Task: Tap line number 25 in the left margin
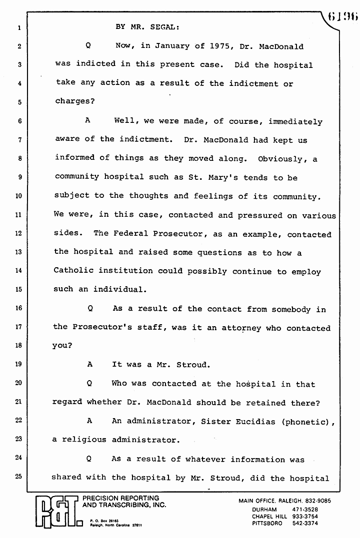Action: click(x=18, y=477)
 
